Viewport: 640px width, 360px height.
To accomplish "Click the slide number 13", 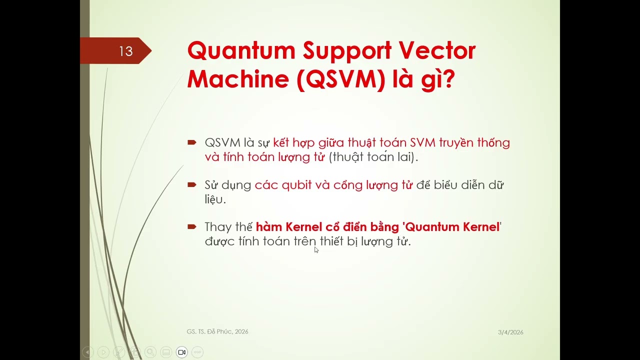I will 125,51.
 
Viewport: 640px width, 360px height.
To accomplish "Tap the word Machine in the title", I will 238,79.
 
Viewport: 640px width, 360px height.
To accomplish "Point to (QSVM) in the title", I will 341,79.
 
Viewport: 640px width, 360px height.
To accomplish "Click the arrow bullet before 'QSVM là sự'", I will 191,143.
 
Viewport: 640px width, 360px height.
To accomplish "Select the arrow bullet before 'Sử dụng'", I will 191,185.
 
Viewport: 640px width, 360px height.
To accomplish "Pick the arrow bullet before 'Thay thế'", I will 191,227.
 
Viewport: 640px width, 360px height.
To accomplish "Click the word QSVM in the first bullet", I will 222,143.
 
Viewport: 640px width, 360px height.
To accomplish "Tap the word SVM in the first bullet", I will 423,143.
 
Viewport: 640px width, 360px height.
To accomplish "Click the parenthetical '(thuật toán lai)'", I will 373,157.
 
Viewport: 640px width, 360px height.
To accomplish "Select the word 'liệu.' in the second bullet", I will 215,199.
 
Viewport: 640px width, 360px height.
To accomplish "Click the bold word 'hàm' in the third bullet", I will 269,227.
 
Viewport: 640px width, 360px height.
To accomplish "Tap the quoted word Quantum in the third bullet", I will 429,227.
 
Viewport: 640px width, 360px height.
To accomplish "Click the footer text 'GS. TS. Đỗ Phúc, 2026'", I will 217,331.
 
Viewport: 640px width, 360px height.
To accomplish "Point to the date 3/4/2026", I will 510,332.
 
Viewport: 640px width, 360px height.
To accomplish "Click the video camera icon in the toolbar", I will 182,352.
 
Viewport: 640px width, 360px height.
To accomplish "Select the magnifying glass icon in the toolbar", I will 150,352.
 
